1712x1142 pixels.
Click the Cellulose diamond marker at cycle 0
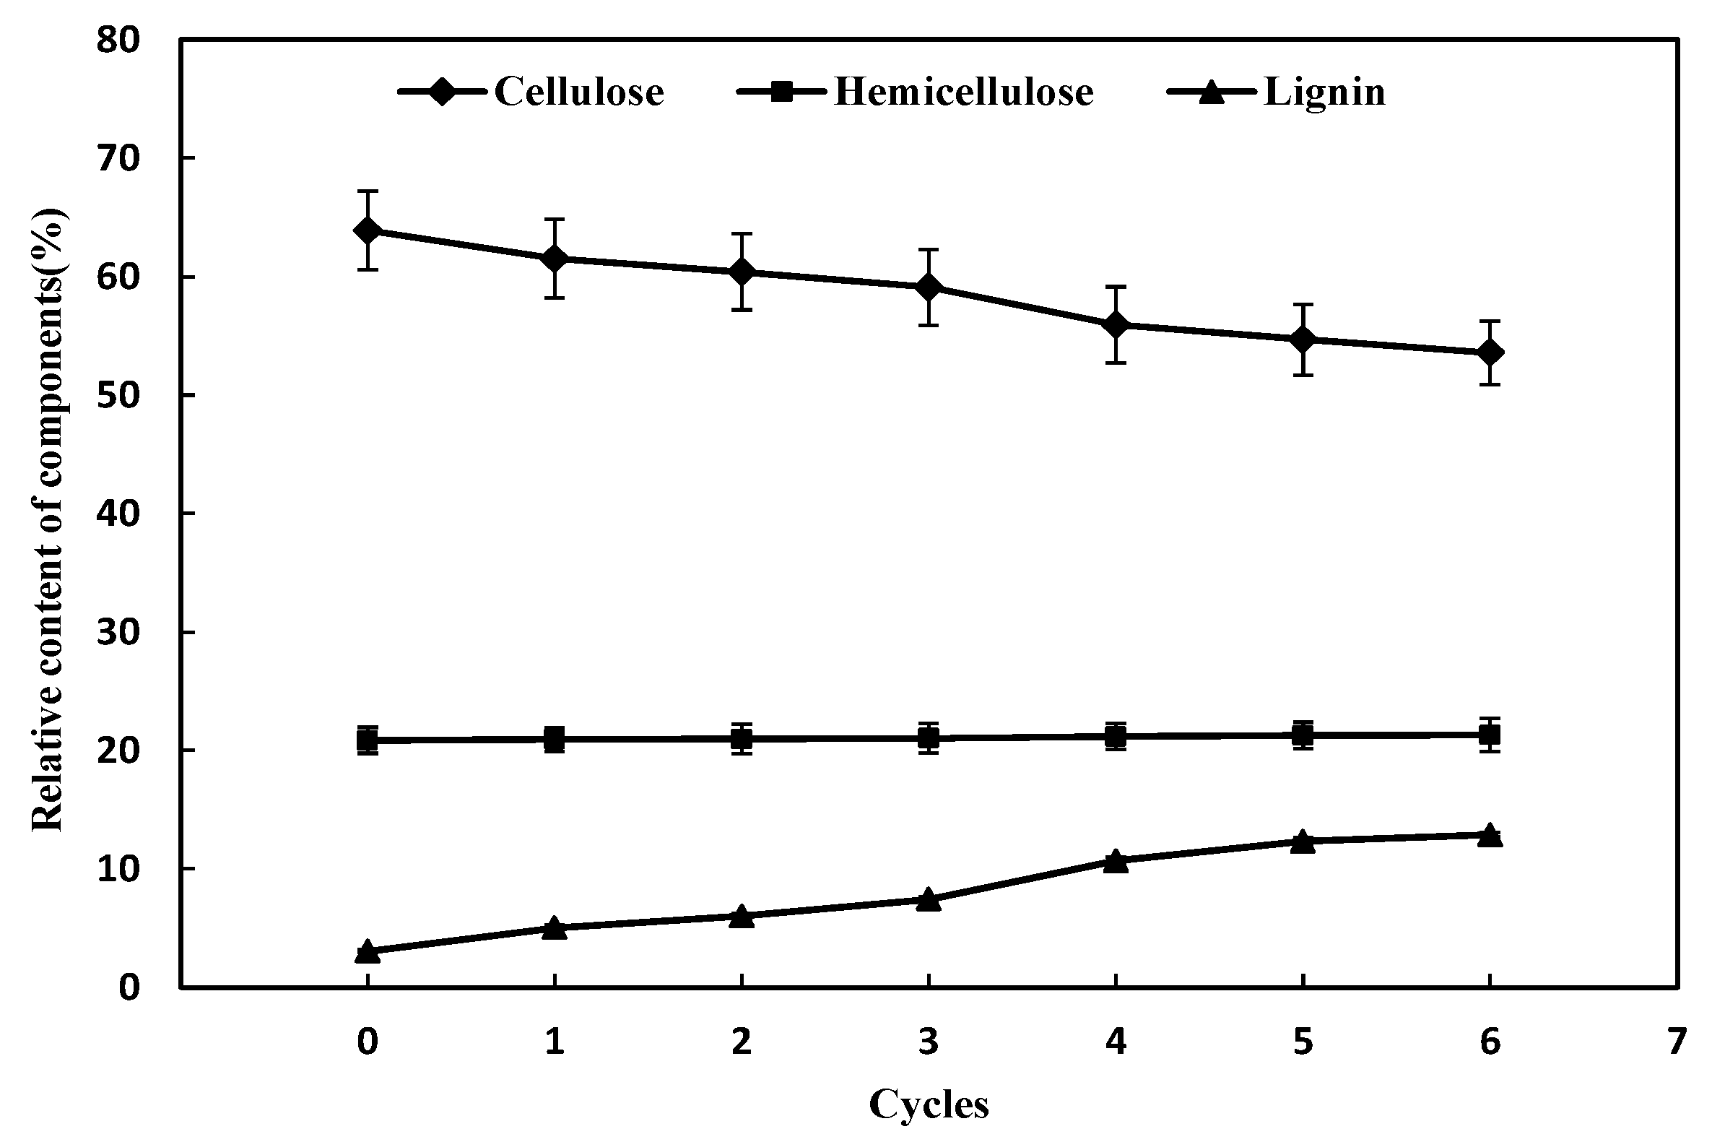tap(368, 231)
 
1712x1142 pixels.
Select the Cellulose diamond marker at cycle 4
tap(1115, 325)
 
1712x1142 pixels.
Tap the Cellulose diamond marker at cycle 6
tap(1490, 352)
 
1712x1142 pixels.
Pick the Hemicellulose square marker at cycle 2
tap(741, 739)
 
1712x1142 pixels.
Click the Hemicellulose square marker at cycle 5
tap(1302, 735)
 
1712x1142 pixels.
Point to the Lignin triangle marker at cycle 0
tap(368, 952)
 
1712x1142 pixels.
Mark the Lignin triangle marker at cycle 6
tap(1490, 836)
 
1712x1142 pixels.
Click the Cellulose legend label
tap(578, 92)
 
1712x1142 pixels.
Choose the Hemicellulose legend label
tap(963, 92)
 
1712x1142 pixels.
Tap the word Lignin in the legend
tap(1324, 92)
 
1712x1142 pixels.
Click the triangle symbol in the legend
tap(1211, 92)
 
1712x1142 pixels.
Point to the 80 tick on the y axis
tap(118, 40)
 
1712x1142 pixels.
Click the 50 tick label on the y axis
tap(118, 396)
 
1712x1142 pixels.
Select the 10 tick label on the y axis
tap(118, 869)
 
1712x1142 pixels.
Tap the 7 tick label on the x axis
tap(1677, 1042)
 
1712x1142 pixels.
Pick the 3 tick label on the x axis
tap(928, 1042)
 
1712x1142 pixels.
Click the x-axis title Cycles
tap(928, 1104)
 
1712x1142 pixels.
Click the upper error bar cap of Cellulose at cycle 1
tap(555, 218)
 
